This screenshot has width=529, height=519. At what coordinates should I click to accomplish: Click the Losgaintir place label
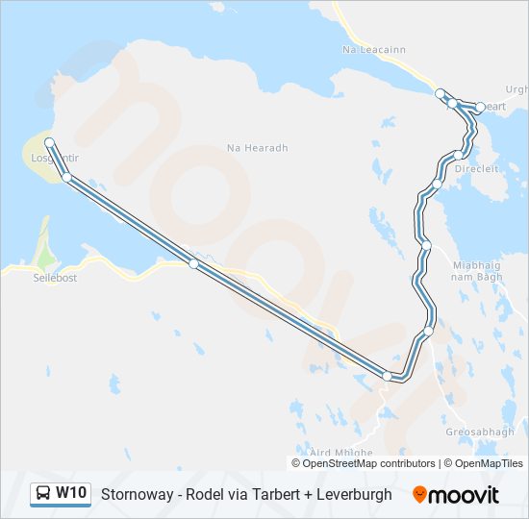(x=54, y=157)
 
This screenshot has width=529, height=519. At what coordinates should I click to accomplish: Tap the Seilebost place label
(x=56, y=277)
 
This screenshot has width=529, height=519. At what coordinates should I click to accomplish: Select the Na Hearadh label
(x=257, y=148)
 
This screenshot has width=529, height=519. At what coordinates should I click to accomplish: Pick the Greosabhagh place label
(x=480, y=432)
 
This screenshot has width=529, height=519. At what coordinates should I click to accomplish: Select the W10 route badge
(x=71, y=493)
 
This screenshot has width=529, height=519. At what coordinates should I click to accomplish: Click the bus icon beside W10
(x=43, y=494)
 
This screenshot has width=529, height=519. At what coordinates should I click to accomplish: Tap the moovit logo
(x=456, y=494)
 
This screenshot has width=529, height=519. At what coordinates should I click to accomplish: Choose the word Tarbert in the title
(x=269, y=494)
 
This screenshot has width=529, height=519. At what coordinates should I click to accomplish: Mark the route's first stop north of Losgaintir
(x=49, y=143)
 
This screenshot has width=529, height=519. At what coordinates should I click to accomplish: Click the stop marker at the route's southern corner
(x=388, y=376)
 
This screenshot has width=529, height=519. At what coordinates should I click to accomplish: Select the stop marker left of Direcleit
(x=437, y=183)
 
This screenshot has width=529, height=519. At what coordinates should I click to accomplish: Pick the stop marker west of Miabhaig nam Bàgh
(x=426, y=246)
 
